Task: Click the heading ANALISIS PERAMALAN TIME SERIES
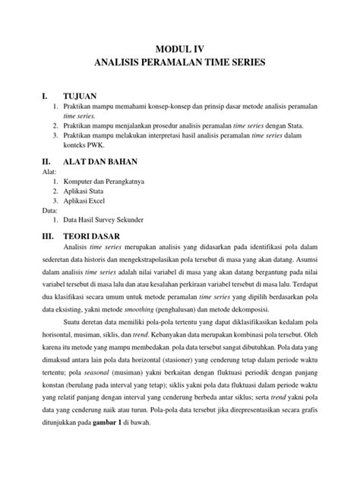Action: click(180, 66)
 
